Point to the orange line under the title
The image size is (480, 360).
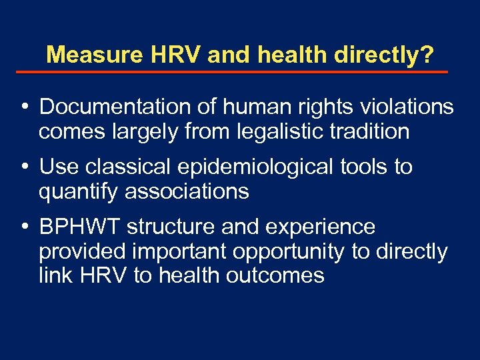pyautogui.click(x=240, y=71)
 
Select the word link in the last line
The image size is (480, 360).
pyautogui.click(x=54, y=276)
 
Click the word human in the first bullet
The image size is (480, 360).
pyautogui.click(x=256, y=107)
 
